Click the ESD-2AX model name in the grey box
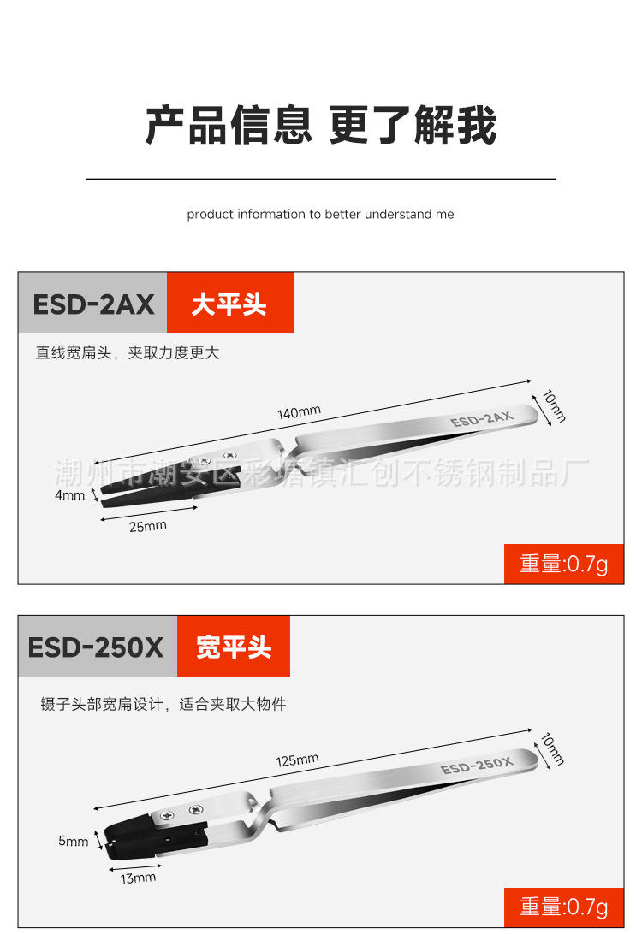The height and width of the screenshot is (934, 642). pyautogui.click(x=92, y=304)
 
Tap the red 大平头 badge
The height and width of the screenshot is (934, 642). pyautogui.click(x=229, y=304)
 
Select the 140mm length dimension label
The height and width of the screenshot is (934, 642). pyautogui.click(x=299, y=412)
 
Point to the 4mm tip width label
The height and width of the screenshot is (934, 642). pyautogui.click(x=70, y=495)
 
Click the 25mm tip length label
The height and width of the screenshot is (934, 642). pyautogui.click(x=147, y=526)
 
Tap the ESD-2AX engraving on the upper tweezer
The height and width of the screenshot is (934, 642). pyautogui.click(x=481, y=418)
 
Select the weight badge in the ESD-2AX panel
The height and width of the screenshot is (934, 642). pyautogui.click(x=564, y=564)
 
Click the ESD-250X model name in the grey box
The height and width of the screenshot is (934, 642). pyautogui.click(x=96, y=647)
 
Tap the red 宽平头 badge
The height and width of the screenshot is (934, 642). pyautogui.click(x=234, y=647)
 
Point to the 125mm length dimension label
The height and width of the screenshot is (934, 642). pyautogui.click(x=297, y=760)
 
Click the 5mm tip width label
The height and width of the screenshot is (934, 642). pyautogui.click(x=74, y=841)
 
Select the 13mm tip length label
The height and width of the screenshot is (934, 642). pyautogui.click(x=138, y=878)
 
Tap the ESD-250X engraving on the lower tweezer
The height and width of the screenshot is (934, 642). pyautogui.click(x=476, y=764)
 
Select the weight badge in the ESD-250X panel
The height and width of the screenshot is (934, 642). pyautogui.click(x=564, y=907)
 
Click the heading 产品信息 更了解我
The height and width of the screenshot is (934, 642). pyautogui.click(x=321, y=126)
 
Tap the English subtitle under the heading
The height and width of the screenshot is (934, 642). pyautogui.click(x=321, y=214)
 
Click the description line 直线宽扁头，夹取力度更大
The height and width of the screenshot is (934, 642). pyautogui.click(x=128, y=352)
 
